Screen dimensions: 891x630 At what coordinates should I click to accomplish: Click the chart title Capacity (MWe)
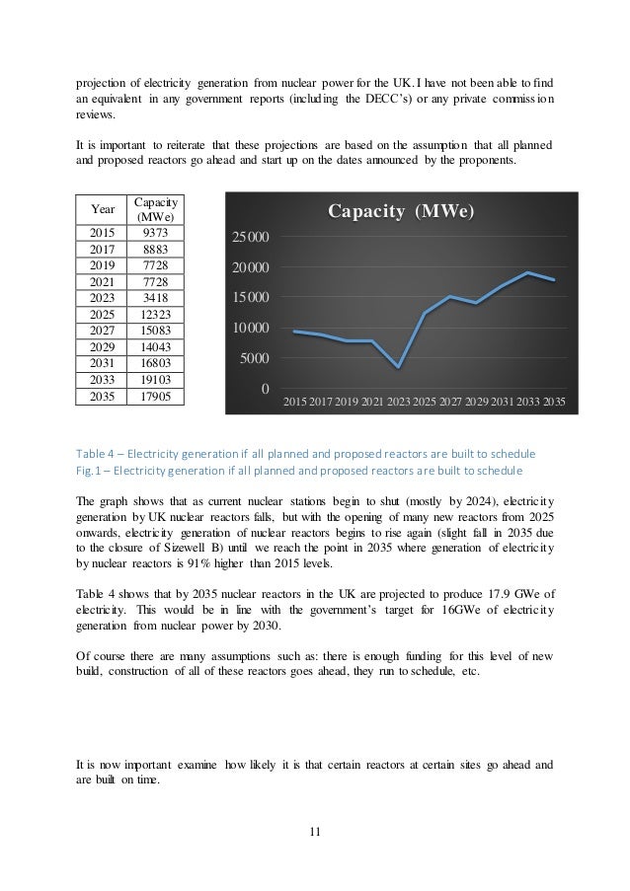coord(401,212)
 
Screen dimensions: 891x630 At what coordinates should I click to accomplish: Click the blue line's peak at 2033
coord(529,272)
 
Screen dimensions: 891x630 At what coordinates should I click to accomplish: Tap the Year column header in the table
coord(102,209)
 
